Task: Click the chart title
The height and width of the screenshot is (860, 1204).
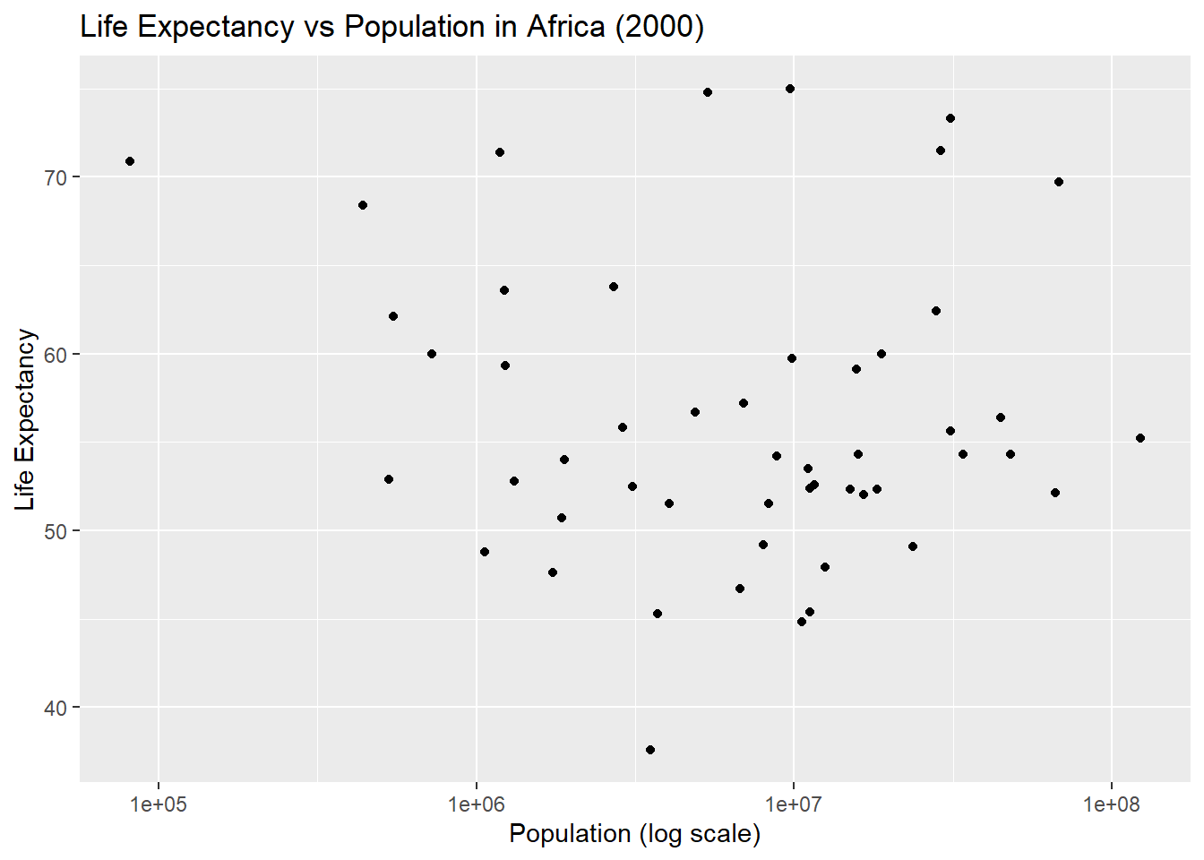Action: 391,27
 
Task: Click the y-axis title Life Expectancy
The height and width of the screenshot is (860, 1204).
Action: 25,419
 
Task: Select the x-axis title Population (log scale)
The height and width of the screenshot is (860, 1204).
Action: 634,834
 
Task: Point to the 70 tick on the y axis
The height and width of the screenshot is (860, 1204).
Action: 56,177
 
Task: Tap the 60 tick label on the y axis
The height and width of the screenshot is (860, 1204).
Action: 56,355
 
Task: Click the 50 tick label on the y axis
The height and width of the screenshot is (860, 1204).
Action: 56,531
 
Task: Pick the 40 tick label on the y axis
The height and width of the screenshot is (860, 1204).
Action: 56,708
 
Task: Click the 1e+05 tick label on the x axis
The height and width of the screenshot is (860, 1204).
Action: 159,804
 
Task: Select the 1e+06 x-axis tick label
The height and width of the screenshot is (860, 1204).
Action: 476,804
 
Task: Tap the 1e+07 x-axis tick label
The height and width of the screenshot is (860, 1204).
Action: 794,804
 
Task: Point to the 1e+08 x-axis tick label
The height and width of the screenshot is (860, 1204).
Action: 1111,804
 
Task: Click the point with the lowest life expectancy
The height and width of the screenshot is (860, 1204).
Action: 650,750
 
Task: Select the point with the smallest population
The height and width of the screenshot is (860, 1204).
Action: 130,161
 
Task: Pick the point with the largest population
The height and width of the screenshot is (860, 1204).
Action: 1140,438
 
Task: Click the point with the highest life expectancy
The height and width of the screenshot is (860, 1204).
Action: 790,89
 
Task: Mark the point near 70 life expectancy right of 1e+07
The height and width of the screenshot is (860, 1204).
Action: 1059,182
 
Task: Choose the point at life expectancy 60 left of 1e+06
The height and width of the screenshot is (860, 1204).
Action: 432,354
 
